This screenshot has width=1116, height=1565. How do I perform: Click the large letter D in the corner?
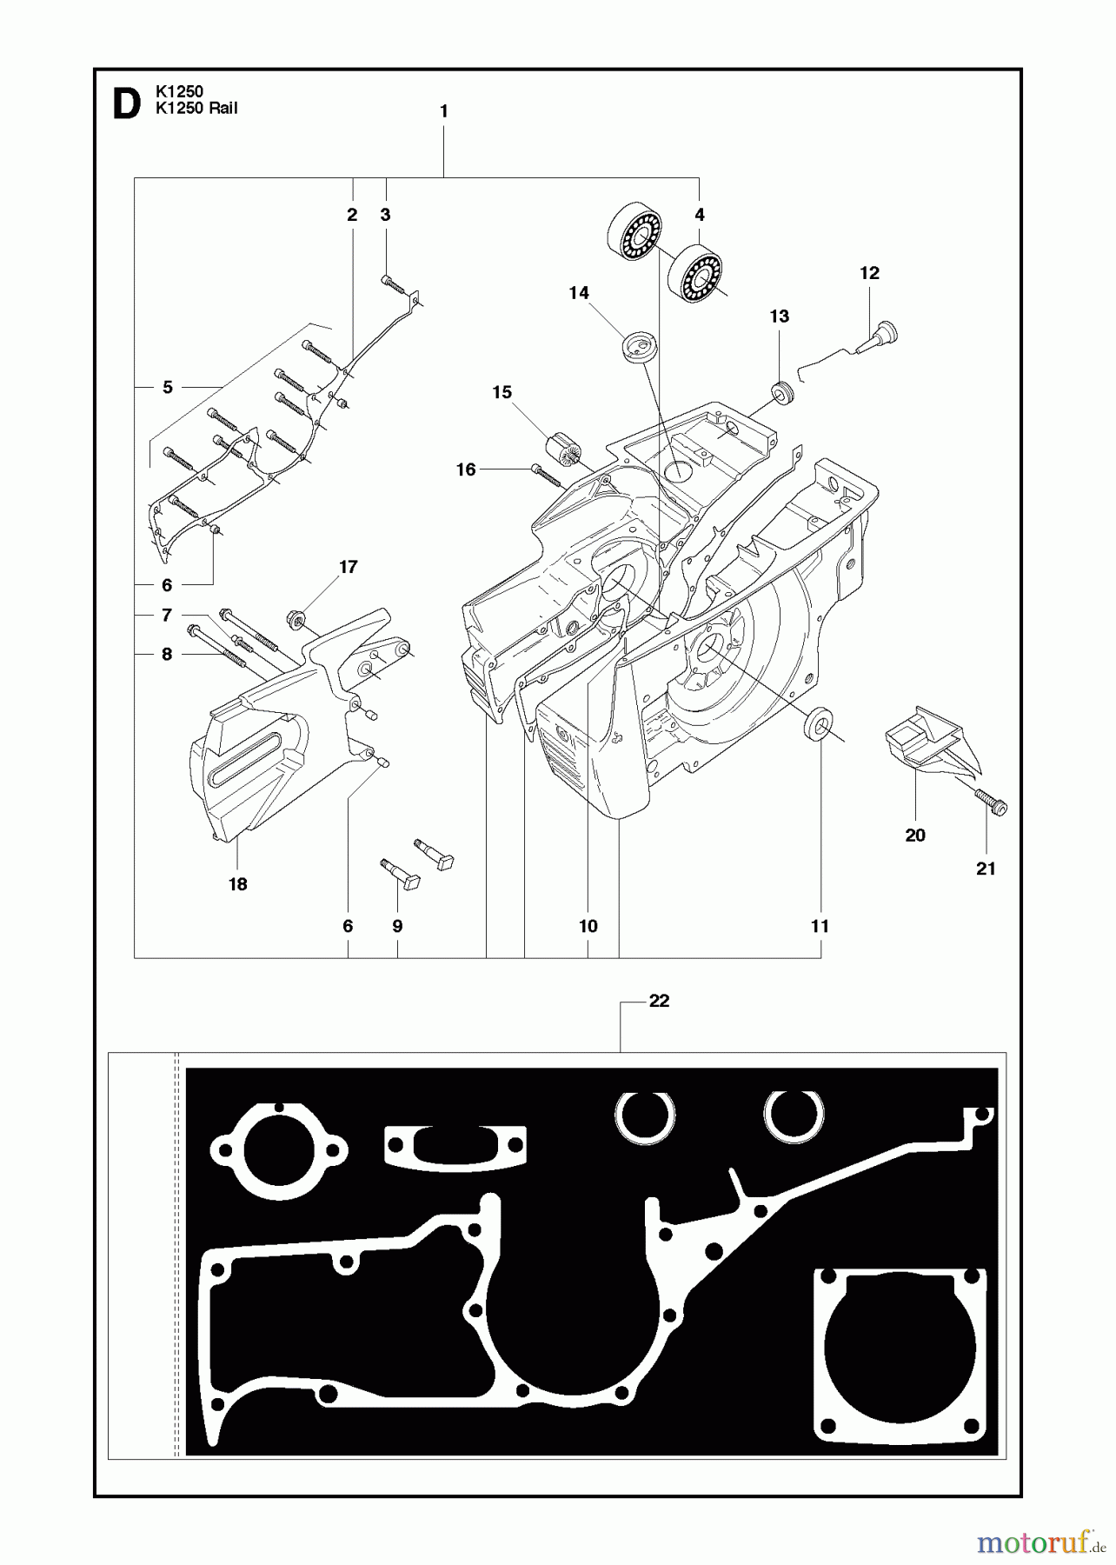click(x=126, y=103)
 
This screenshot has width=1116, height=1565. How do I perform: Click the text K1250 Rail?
click(x=196, y=109)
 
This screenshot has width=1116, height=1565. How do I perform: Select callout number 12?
click(x=869, y=273)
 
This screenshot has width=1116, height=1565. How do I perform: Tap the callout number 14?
click(x=579, y=293)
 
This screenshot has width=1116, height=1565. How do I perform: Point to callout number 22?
click(x=659, y=1001)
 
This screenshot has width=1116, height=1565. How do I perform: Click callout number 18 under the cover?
click(x=237, y=884)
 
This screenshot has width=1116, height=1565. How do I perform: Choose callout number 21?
click(x=986, y=868)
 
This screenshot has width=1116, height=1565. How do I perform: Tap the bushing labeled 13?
click(x=782, y=393)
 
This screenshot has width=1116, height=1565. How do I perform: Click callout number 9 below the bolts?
click(x=397, y=926)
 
